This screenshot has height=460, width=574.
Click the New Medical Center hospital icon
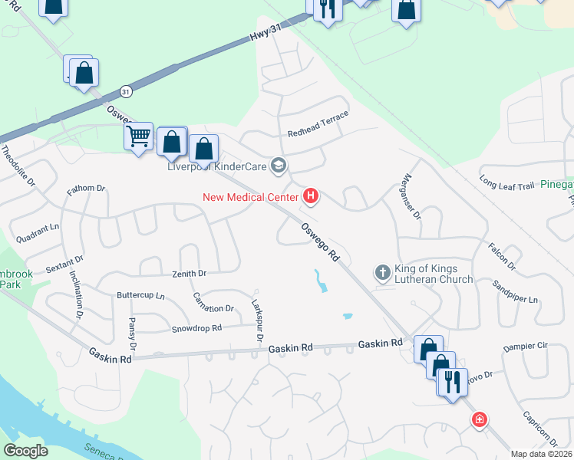(x=311, y=197)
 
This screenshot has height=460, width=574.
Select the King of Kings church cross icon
(x=382, y=272)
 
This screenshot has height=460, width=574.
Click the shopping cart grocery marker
(x=138, y=137)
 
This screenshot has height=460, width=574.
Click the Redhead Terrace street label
(x=318, y=124)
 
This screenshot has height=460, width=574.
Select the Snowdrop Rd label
(x=196, y=328)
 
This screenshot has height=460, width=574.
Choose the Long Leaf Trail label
(x=506, y=184)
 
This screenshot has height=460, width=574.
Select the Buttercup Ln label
(x=140, y=295)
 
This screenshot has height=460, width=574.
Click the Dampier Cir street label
(x=525, y=347)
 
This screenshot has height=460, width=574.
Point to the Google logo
(x=26, y=450)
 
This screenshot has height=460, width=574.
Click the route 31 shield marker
(x=126, y=91)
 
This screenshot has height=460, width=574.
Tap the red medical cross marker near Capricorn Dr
(x=480, y=419)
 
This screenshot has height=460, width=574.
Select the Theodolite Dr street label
(x=18, y=166)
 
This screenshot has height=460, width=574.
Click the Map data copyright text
(x=541, y=454)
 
